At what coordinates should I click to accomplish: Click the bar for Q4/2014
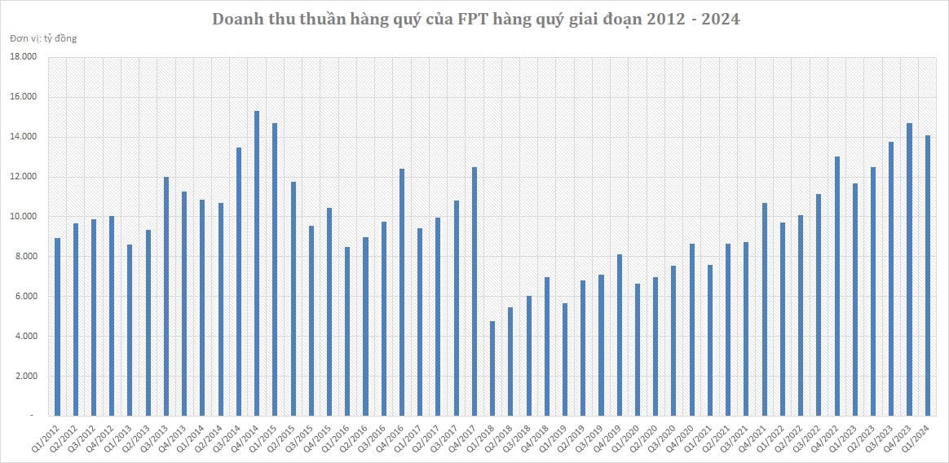pos(257,263)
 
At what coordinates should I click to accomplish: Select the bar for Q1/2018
pos(492,368)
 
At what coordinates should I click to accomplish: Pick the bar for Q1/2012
pos(58,327)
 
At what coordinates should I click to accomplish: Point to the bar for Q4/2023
pos(909,270)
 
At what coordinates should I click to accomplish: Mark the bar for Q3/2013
pos(166,297)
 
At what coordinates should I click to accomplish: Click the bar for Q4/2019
pos(620,335)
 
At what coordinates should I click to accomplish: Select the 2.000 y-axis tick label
pos(25,377)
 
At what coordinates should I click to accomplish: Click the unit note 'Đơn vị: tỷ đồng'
pos(44,37)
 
